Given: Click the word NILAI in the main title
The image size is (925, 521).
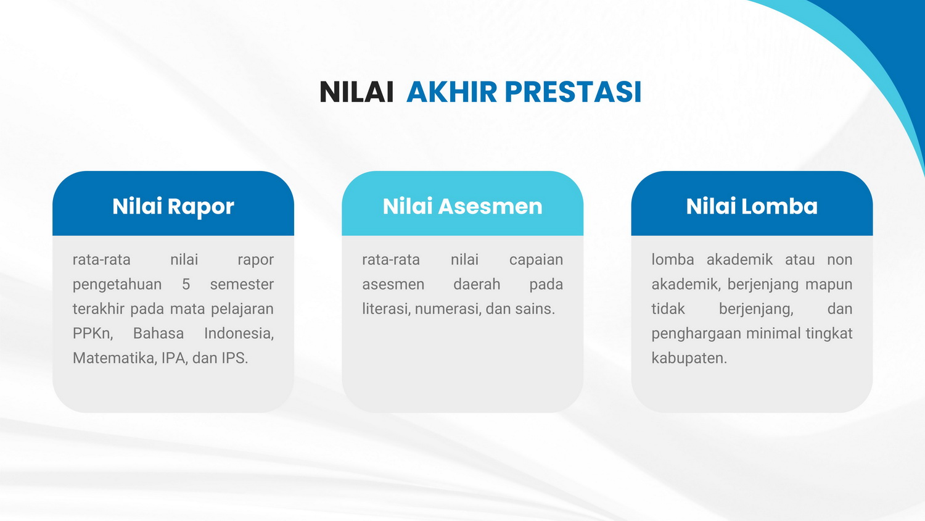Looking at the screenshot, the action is tap(356, 92).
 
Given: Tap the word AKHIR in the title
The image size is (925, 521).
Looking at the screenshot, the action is tap(452, 92).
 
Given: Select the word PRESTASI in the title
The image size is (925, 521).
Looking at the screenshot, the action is tap(573, 92).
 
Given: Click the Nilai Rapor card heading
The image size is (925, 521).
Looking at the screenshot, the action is tap(173, 206).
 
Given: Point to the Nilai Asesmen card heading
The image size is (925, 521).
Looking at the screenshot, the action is tap(462, 206).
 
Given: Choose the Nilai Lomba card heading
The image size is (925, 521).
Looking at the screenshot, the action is tap(752, 206).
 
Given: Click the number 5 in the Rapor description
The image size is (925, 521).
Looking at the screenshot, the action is tap(186, 285).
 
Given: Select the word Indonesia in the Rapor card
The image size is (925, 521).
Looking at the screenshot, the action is tap(239, 334).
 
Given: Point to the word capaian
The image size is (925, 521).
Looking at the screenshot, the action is tap(536, 260).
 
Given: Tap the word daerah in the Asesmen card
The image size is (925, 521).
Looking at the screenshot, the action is tap(477, 285).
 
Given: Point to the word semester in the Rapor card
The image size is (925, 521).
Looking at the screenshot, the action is tap(242, 285).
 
